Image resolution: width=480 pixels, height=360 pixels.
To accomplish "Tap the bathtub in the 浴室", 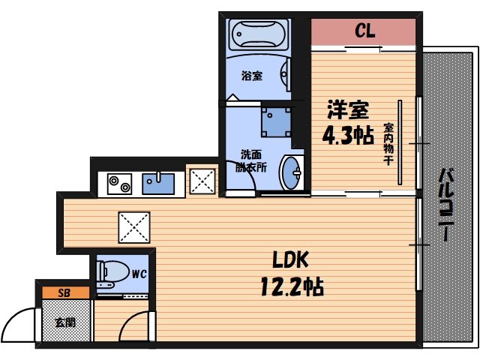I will click(x=256, y=34).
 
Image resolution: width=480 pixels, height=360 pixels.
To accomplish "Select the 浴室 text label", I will click(x=251, y=76).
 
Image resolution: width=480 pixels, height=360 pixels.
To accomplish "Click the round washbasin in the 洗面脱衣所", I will click(x=291, y=173).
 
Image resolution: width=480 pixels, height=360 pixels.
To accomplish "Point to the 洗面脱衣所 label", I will click(x=250, y=161).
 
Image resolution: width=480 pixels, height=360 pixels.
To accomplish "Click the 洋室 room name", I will click(x=347, y=110).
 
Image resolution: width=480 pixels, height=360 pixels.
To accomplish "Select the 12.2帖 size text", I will click(x=292, y=286).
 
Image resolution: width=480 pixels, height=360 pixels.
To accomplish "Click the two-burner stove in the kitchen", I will click(x=119, y=182).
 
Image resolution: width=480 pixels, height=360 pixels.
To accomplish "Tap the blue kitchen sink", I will click(x=158, y=182).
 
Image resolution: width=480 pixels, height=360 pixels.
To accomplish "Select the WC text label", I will click(x=139, y=274).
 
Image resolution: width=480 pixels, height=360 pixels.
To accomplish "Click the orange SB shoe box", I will click(x=64, y=292).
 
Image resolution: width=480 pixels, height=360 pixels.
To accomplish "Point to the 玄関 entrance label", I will click(x=64, y=323).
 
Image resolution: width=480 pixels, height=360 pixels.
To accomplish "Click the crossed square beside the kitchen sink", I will click(x=200, y=181).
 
